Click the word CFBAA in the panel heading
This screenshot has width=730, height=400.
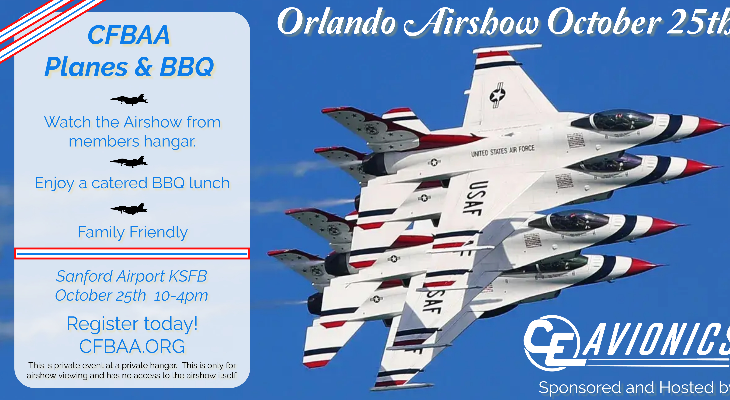click(x=128, y=37)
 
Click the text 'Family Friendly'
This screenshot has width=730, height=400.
click(x=132, y=232)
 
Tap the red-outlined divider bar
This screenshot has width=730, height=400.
click(x=132, y=253)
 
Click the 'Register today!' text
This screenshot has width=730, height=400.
click(x=132, y=324)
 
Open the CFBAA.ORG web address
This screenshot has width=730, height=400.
click(x=132, y=346)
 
